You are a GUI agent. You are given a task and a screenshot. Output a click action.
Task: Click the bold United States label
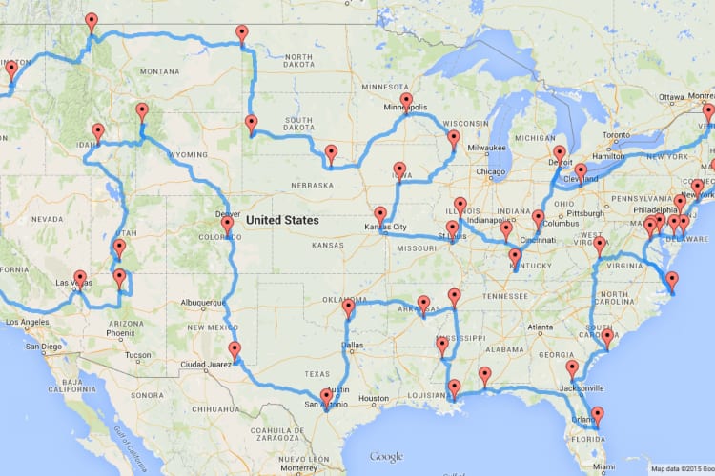click(282, 220)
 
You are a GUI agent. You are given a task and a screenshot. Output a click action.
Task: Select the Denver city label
click(227, 214)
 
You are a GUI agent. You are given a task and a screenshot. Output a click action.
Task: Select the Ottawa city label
click(671, 97)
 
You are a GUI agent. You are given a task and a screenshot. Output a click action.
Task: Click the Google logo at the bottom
click(385, 456)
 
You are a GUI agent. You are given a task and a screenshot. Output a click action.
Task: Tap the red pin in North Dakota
click(241, 34)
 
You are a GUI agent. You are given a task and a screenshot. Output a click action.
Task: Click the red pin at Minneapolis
click(406, 100)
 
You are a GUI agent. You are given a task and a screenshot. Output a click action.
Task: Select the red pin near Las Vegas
click(80, 278)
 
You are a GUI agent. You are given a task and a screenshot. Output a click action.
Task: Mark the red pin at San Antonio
click(326, 395)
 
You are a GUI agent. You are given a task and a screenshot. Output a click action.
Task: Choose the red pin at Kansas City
click(380, 214)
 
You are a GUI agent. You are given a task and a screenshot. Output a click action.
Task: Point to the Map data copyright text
click(680, 468)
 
